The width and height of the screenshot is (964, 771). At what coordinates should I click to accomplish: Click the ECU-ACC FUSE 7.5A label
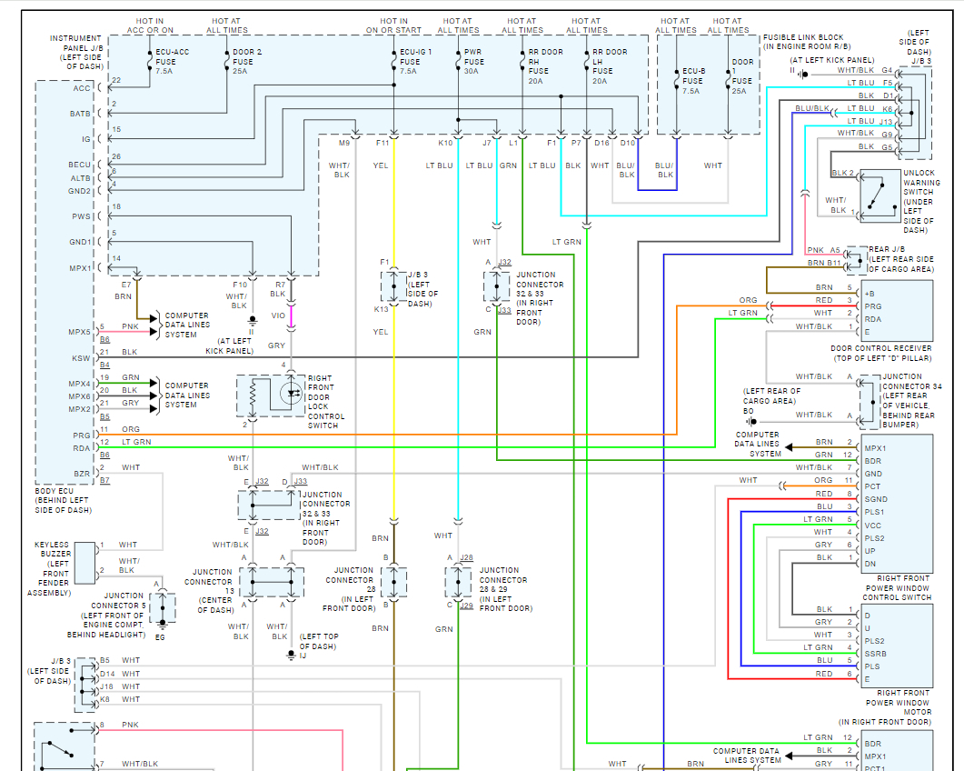pyautogui.click(x=173, y=62)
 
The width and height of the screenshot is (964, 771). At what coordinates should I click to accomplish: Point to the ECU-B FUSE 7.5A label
pyautogui.click(x=693, y=81)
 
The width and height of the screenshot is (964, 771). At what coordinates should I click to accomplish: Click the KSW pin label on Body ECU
pyautogui.click(x=81, y=358)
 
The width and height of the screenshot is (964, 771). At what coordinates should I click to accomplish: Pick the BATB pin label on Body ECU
pyautogui.click(x=80, y=114)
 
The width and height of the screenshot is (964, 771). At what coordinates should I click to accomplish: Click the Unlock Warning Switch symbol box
pyautogui.click(x=880, y=195)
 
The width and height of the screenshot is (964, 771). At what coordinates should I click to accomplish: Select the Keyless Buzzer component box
pyautogui.click(x=84, y=563)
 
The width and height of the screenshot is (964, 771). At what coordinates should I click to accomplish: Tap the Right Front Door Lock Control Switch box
pyautogui.click(x=271, y=396)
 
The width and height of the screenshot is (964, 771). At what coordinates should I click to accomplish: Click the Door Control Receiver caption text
pyautogui.click(x=881, y=353)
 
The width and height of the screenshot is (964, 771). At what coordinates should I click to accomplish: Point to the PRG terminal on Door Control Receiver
pyautogui.click(x=873, y=306)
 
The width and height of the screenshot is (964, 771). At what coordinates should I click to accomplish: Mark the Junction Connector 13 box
pyautogui.click(x=271, y=582)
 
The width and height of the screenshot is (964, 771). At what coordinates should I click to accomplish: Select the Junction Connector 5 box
pyautogui.click(x=163, y=608)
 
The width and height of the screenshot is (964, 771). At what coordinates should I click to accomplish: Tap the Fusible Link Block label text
pyautogui.click(x=807, y=42)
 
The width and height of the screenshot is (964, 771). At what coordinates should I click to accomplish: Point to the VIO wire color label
pyautogui.click(x=278, y=315)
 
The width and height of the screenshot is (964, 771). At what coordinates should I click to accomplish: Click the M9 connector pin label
pyautogui.click(x=344, y=143)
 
